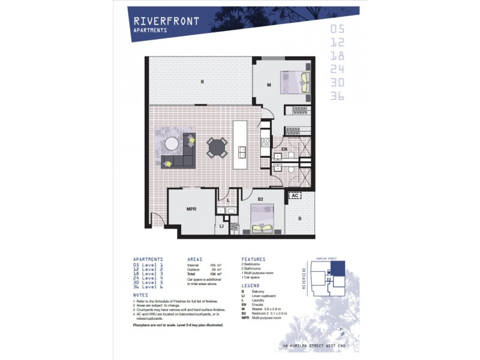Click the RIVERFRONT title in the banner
click(x=166, y=22)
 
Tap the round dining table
click(x=217, y=147)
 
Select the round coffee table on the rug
click(x=172, y=143)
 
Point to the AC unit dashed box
click(x=295, y=195)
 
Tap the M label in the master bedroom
click(x=269, y=85)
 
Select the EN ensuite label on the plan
click(x=286, y=149)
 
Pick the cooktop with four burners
click(x=265, y=143)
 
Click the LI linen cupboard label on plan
click(x=221, y=227)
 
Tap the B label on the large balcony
click(x=202, y=81)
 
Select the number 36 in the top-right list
click(x=337, y=96)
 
